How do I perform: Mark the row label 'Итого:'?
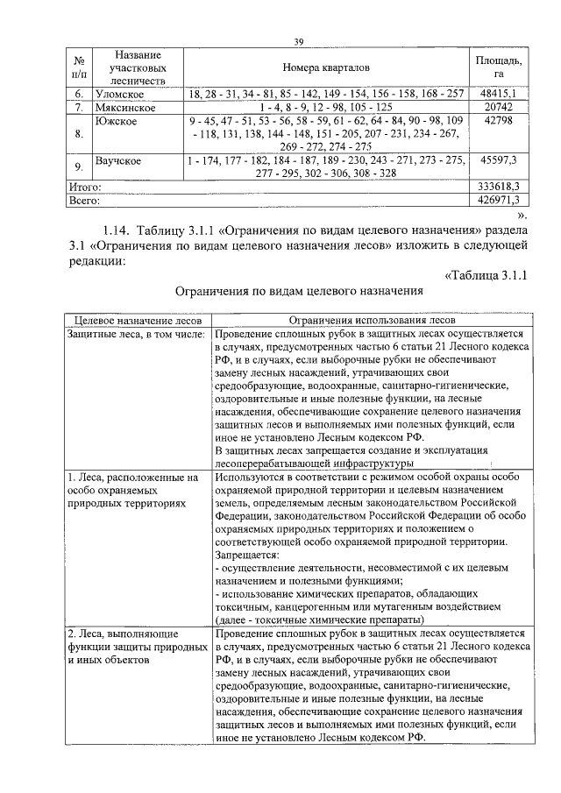[85, 188]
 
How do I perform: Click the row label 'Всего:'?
[85, 201]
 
